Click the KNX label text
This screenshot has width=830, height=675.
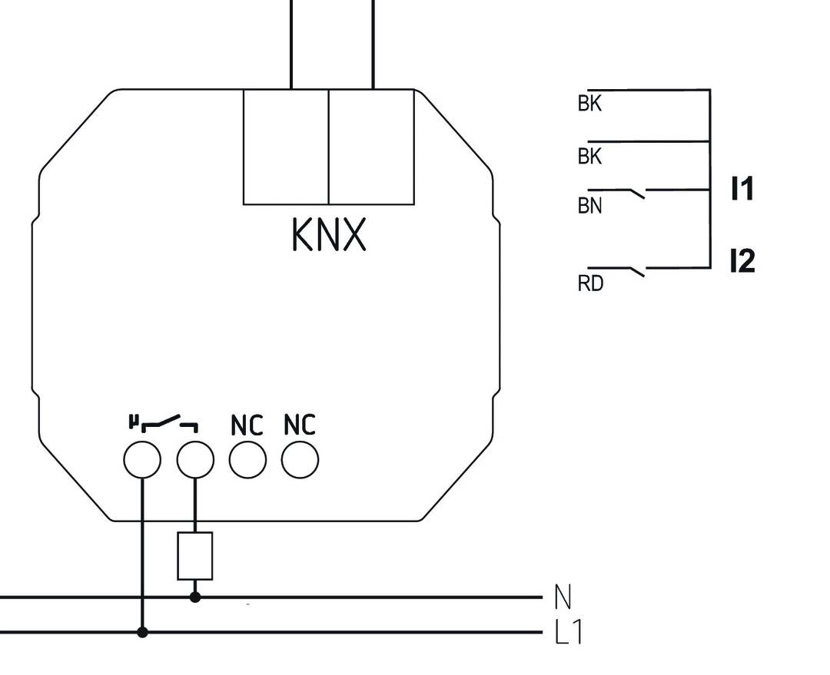click(329, 236)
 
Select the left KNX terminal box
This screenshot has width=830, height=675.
click(286, 147)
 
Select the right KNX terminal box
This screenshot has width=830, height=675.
click(371, 147)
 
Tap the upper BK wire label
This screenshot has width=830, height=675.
click(589, 104)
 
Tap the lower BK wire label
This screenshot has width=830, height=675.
click(589, 157)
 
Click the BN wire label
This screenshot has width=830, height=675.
click(589, 206)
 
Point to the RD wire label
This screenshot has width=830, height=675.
click(590, 284)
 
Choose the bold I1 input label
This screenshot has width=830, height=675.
click(742, 189)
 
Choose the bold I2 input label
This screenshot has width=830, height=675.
click(742, 262)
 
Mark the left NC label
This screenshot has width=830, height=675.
click(247, 425)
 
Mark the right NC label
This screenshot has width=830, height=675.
click(299, 425)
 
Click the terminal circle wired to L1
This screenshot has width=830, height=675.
click(142, 461)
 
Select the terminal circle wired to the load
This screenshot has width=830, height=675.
click(194, 461)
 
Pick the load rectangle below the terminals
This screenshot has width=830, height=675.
click(194, 556)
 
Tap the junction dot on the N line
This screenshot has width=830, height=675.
click(194, 597)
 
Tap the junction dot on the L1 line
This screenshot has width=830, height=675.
click(142, 632)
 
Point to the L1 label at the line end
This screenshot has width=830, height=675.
click(569, 633)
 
